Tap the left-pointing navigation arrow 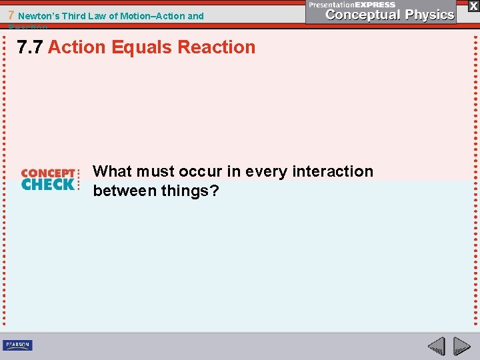coord(436,346)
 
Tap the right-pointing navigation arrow coord(461,346)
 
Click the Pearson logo coord(17,345)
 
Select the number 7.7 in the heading coord(31,47)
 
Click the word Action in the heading coord(77,47)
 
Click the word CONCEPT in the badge coord(48,173)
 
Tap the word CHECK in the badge coord(48,185)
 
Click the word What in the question coord(112,171)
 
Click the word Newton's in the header coord(40,16)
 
